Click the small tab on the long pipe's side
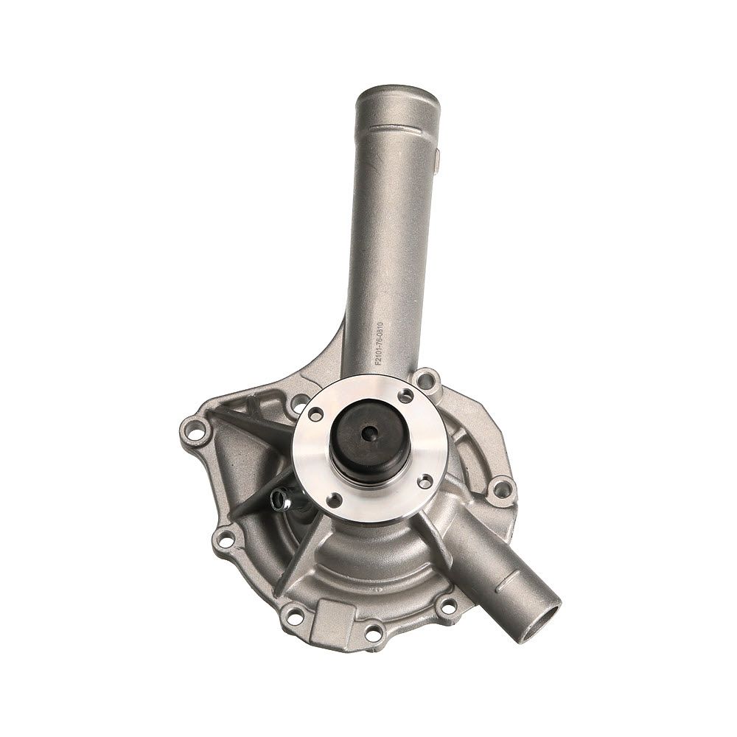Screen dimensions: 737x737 click(x=438, y=160)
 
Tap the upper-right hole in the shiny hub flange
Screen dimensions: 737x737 click(x=405, y=397)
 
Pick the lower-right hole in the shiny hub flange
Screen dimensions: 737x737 click(x=425, y=480)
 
